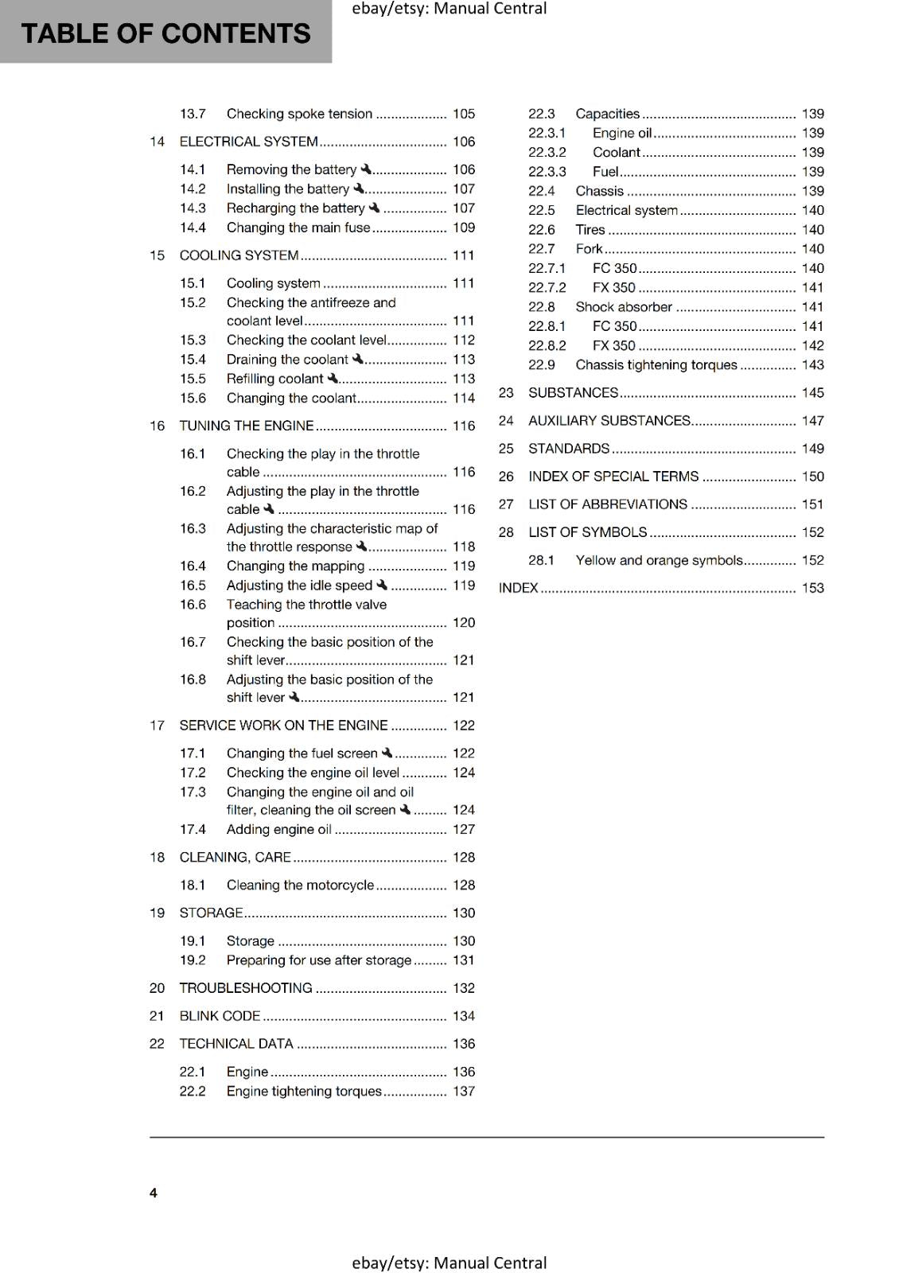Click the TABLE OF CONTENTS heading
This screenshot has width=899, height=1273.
pyautogui.click(x=165, y=33)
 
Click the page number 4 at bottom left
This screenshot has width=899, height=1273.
pyautogui.click(x=154, y=1193)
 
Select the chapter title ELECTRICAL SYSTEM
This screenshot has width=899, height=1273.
pyautogui.click(x=248, y=142)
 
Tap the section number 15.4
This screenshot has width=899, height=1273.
pyautogui.click(x=193, y=360)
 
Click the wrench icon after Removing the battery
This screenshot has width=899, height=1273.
pyautogui.click(x=366, y=169)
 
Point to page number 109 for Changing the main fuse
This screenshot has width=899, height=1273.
pyautogui.click(x=463, y=228)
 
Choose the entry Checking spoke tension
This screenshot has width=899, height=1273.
pyautogui.click(x=299, y=114)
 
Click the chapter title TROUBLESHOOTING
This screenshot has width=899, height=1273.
pyautogui.click(x=245, y=988)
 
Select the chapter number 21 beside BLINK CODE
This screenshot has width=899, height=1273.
pyautogui.click(x=157, y=1016)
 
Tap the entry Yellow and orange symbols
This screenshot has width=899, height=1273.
pyautogui.click(x=659, y=560)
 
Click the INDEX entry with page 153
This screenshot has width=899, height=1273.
pyautogui.click(x=519, y=588)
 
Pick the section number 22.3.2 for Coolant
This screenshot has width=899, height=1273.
pyautogui.click(x=547, y=152)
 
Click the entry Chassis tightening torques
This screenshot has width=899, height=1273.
pyautogui.click(x=656, y=365)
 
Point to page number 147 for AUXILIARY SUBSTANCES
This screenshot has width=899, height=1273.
pyautogui.click(x=812, y=421)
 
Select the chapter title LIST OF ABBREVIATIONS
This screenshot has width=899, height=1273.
pyautogui.click(x=608, y=504)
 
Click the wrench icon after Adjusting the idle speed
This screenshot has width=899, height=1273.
pyautogui.click(x=382, y=585)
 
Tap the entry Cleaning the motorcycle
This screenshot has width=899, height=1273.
pyautogui.click(x=300, y=885)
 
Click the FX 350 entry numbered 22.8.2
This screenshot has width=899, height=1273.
pyautogui.click(x=613, y=345)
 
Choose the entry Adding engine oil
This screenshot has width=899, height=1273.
pyautogui.click(x=278, y=829)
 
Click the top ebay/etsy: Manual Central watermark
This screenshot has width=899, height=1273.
pyautogui.click(x=449, y=9)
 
